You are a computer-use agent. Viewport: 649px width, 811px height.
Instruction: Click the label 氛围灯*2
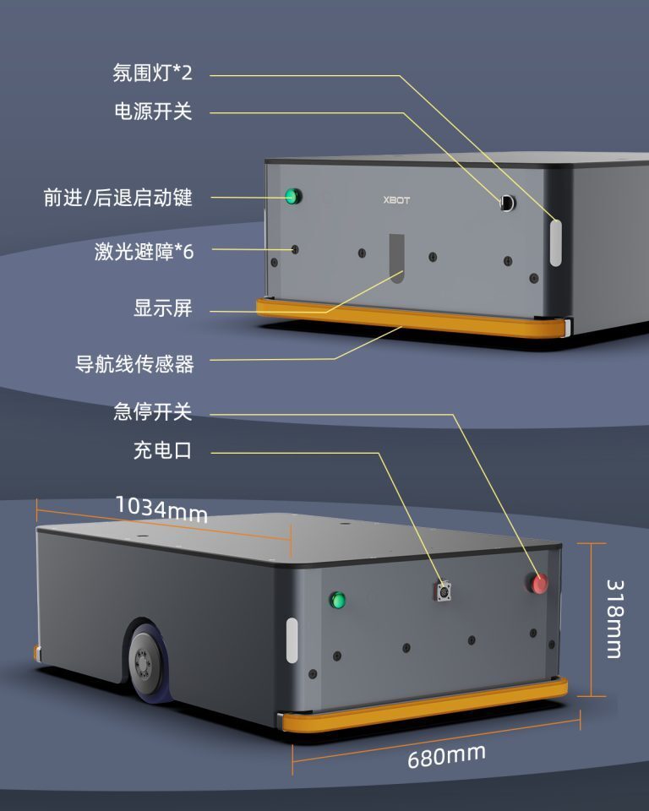[x=153, y=73]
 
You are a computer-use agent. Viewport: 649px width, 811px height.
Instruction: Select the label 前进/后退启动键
[x=118, y=198]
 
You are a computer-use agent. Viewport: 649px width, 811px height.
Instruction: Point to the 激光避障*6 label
[x=144, y=252]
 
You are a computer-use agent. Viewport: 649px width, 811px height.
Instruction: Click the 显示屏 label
[x=163, y=308]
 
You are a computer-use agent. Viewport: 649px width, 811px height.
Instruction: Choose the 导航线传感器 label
[x=134, y=364]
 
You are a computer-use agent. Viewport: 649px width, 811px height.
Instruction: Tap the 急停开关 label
[x=153, y=412]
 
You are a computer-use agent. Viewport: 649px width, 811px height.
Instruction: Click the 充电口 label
[x=162, y=450]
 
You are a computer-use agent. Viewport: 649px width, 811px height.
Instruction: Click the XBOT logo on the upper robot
[x=396, y=200]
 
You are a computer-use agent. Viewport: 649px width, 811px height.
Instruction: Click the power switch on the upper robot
[x=508, y=202]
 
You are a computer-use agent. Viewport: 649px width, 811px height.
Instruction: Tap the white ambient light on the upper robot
[x=555, y=242]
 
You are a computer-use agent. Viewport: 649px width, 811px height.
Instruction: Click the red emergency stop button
[x=538, y=582]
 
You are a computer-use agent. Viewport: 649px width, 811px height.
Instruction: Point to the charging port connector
[x=444, y=591]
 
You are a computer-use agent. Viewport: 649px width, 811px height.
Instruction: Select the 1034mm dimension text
[x=161, y=509]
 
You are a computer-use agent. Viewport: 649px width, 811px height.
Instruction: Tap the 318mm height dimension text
[x=615, y=619]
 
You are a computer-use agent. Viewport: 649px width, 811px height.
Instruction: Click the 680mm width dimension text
[x=446, y=756]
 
